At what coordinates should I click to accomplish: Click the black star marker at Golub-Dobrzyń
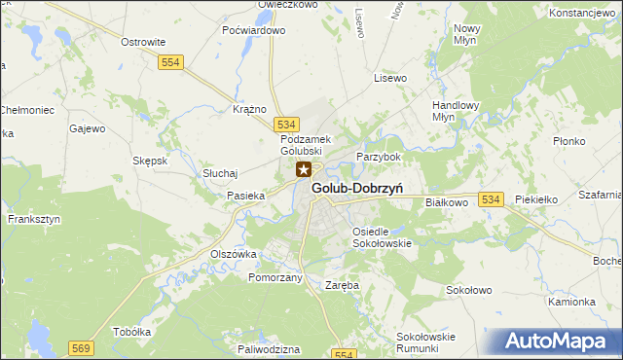pos(304,170)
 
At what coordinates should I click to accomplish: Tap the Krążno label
pos(250,109)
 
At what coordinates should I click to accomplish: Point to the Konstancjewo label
pos(585,14)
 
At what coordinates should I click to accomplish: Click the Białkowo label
pos(448,202)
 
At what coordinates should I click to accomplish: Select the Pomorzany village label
pos(275,277)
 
